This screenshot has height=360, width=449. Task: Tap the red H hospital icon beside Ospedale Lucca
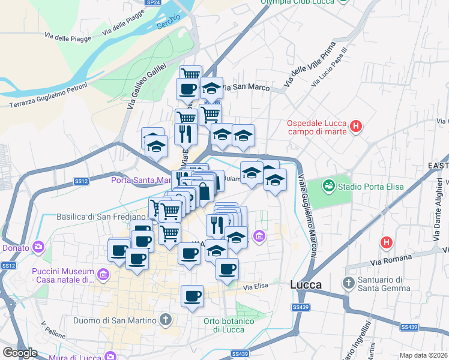click(x=357, y=127)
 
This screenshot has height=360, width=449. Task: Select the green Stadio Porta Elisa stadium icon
click(x=330, y=185)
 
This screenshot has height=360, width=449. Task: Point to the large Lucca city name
click(x=306, y=284)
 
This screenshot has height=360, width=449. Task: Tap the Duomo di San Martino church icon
click(x=166, y=319)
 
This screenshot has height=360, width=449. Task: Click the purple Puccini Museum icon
click(x=103, y=275)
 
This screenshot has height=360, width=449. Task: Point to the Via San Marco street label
click(x=245, y=88)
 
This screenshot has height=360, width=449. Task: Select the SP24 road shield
click(x=153, y=3)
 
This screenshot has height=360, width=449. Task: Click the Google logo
click(x=20, y=353)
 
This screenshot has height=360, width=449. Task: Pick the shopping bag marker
click(x=205, y=192)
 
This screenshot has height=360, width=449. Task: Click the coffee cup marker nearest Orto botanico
click(x=192, y=296)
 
